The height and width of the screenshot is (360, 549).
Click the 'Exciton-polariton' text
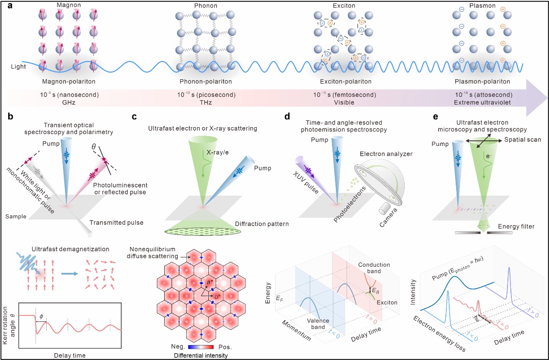[x=340, y=82]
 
